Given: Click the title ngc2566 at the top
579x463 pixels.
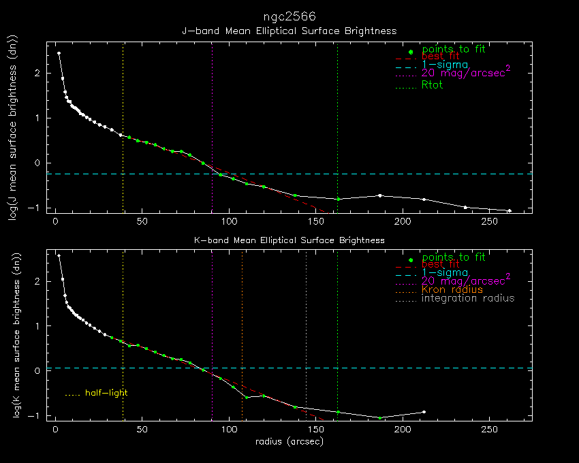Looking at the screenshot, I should (289, 16).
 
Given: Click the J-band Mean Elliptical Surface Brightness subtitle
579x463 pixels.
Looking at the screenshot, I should (289, 31).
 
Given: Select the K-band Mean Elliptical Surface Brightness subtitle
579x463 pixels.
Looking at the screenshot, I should (289, 240).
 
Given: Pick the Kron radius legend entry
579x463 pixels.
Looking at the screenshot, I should (452, 290).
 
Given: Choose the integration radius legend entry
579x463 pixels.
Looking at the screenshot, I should (468, 298).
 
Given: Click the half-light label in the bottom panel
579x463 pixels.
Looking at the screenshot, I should (106, 393).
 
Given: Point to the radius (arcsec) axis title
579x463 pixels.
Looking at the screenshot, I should (289, 442).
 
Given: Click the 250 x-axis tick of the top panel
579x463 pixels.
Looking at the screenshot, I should (490, 221).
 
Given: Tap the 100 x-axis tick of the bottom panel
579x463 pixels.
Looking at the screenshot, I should (230, 430).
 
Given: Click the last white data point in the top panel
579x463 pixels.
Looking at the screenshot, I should (509, 210).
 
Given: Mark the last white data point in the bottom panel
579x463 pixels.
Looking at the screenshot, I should (424, 412).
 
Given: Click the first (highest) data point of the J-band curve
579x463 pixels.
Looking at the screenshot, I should (59, 53).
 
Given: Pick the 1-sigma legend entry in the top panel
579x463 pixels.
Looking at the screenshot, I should (445, 65).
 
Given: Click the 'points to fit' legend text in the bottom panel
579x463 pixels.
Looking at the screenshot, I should (454, 257).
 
